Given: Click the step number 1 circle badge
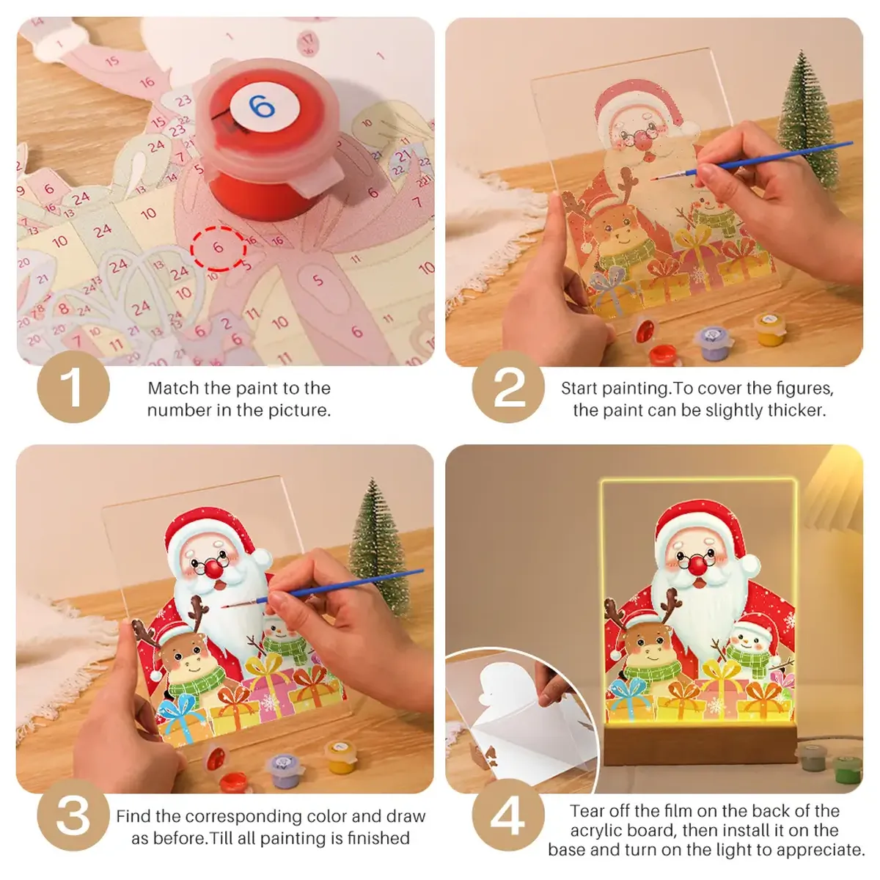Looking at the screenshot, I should [x=73, y=387].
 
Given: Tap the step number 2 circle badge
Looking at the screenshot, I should [x=508, y=387].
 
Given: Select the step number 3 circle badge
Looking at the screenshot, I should [x=73, y=815].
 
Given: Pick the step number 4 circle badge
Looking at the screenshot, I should [x=508, y=815].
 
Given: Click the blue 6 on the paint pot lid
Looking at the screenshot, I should [x=262, y=108].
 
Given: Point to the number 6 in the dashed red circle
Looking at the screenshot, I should [x=218, y=247].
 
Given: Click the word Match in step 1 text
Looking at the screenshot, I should [x=174, y=388].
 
